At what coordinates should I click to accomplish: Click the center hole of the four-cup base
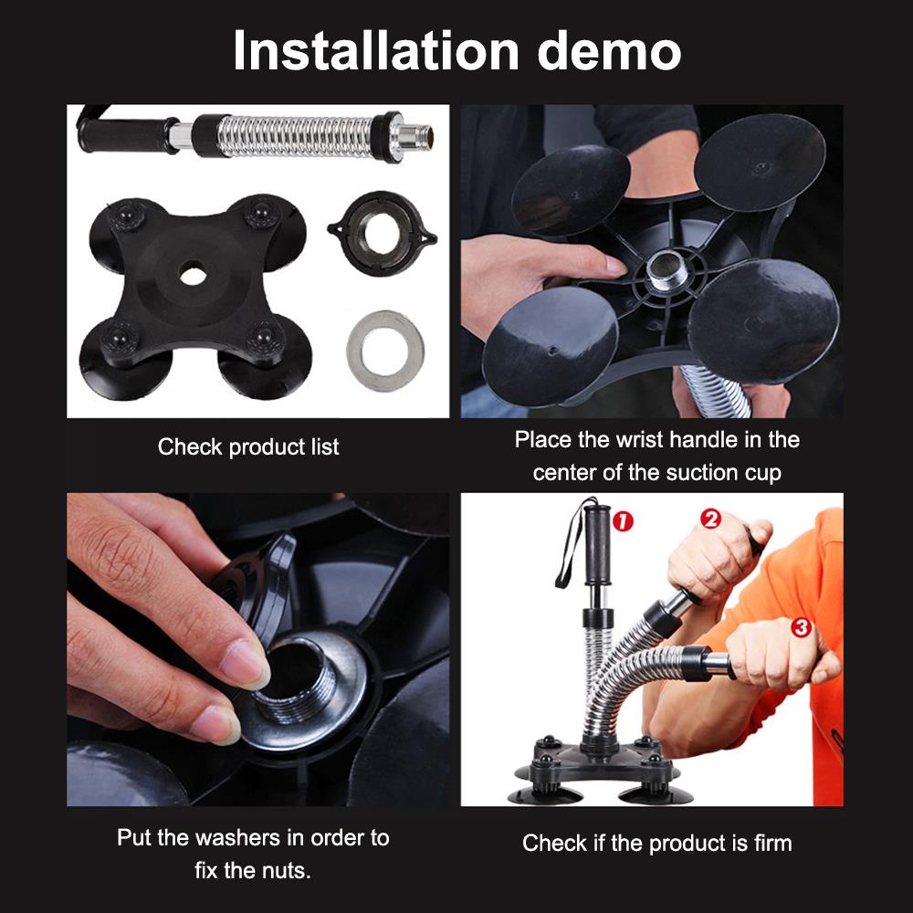[193, 273]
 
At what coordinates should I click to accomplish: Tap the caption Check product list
[248, 447]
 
